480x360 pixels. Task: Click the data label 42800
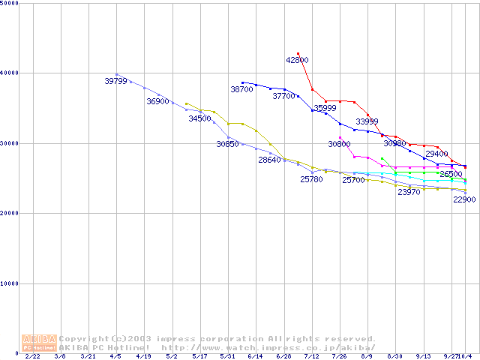point(297,60)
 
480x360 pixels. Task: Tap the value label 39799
point(115,81)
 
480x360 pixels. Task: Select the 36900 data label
point(157,101)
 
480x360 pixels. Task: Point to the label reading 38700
point(241,89)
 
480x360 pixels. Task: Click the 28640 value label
point(269,160)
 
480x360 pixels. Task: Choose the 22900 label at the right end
point(464,199)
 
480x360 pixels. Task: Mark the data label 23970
point(409,192)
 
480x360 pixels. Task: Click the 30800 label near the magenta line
point(339,143)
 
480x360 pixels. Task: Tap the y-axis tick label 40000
point(11,73)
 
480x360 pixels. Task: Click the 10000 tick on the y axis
point(11,283)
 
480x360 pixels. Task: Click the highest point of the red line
point(298,54)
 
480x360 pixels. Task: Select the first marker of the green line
point(382,158)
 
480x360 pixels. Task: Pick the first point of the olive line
point(186,103)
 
